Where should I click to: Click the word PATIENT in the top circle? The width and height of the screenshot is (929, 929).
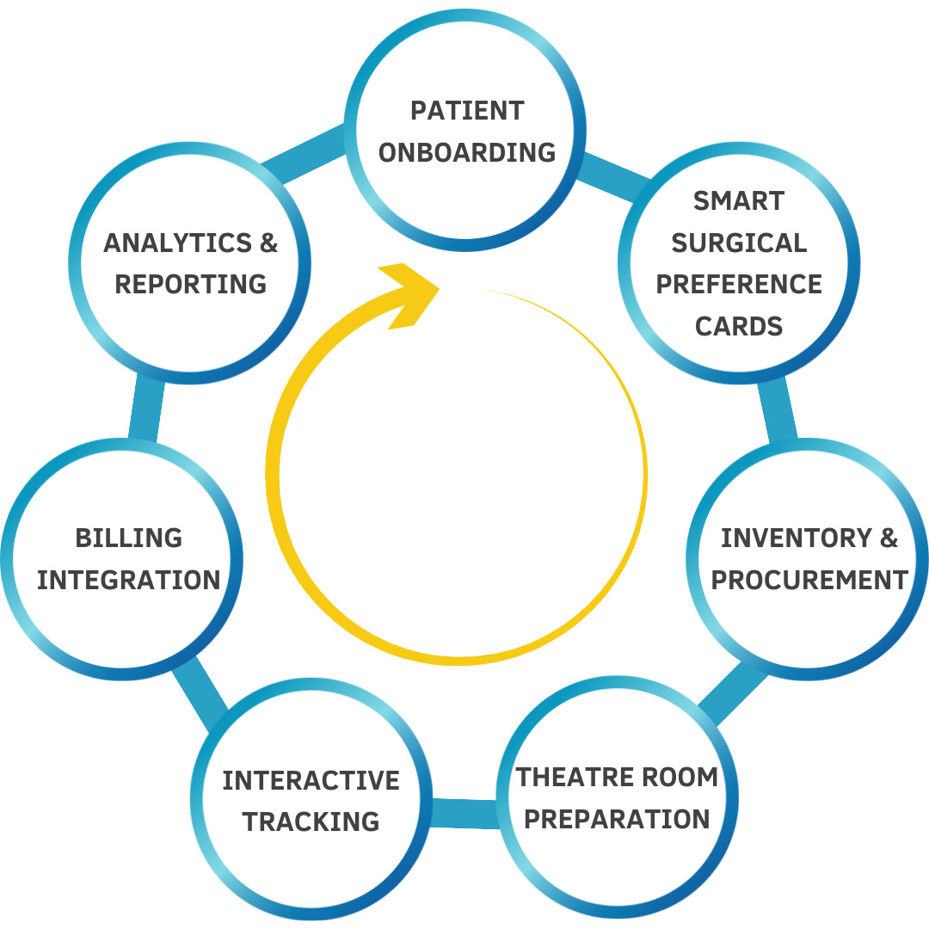467,111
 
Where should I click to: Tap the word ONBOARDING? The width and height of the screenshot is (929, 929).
467,152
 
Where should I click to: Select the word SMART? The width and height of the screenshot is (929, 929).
739,201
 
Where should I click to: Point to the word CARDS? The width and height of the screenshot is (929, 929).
739,326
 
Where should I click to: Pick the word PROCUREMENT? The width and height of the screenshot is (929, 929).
809,581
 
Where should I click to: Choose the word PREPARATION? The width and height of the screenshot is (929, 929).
617,819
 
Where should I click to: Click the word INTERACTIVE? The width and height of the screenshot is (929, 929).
311,780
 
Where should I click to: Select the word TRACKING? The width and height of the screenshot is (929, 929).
311,821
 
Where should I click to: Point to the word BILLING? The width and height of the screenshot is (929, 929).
129,538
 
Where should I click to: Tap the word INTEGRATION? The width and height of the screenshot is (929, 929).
129,581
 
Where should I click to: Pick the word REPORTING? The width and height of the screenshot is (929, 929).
191,285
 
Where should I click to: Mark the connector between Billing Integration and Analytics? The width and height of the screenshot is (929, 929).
145,409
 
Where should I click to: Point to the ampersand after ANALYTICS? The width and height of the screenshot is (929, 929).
268,243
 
